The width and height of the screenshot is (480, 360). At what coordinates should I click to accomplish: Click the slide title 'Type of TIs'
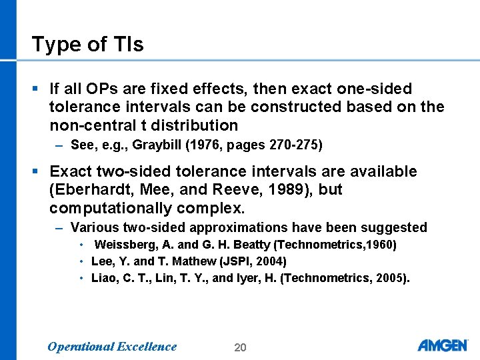coord(87,45)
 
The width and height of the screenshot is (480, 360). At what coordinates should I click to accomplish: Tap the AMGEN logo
coord(443,345)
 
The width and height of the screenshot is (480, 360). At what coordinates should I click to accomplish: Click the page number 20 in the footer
coord(240,347)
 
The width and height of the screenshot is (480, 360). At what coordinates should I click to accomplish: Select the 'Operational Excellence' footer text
coord(112,347)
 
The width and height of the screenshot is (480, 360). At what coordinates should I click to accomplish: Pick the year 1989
coord(297,189)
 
